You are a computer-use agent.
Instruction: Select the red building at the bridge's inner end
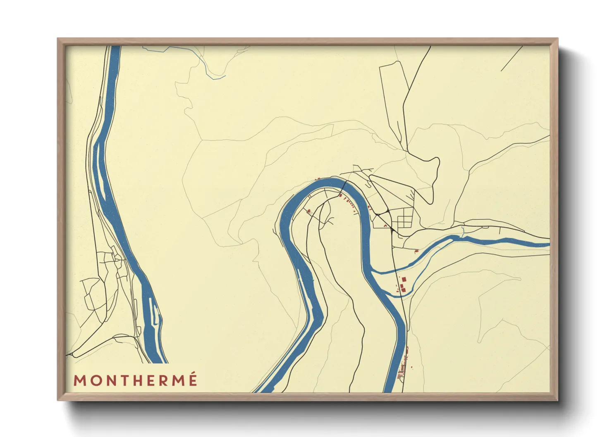point(340,195)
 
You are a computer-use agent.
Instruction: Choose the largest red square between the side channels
point(404,280)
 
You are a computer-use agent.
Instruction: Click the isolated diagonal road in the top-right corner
point(512,58)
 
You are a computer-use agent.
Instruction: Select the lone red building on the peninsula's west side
point(308,211)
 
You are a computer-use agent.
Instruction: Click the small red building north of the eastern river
point(416,251)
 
